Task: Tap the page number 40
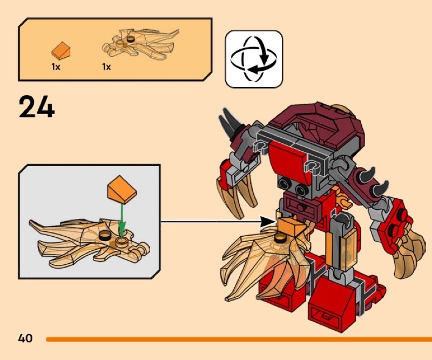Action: [25, 338]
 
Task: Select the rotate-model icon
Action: [253, 59]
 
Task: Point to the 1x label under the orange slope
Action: [56, 67]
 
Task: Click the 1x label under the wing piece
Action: [106, 67]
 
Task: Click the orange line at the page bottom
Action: [238, 339]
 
